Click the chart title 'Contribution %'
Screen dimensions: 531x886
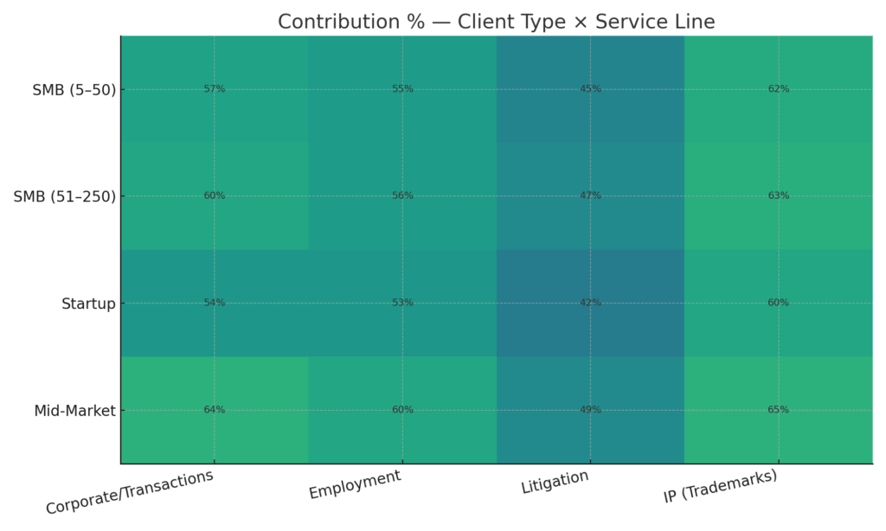point(496,22)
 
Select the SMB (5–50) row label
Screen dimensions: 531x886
point(74,89)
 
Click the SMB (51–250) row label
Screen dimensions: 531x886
point(64,196)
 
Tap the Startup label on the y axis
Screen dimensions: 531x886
point(88,304)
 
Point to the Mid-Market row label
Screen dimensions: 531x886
point(74,411)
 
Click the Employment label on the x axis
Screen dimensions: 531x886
point(355,484)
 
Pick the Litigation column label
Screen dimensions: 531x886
point(555,482)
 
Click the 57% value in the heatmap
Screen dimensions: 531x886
point(215,89)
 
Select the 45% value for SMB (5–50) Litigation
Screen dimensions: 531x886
point(590,89)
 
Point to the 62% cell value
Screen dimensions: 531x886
point(778,89)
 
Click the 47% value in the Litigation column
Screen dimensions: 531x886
point(590,196)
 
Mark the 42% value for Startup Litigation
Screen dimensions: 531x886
point(590,304)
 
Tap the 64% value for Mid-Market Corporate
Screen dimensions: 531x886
point(215,410)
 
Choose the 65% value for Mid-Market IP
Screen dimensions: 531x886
point(778,410)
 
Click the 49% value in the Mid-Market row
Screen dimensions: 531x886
point(590,410)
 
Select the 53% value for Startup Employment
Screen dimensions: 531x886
point(402,304)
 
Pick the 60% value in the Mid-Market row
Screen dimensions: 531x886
point(402,410)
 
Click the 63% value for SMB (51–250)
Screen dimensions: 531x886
point(778,196)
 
